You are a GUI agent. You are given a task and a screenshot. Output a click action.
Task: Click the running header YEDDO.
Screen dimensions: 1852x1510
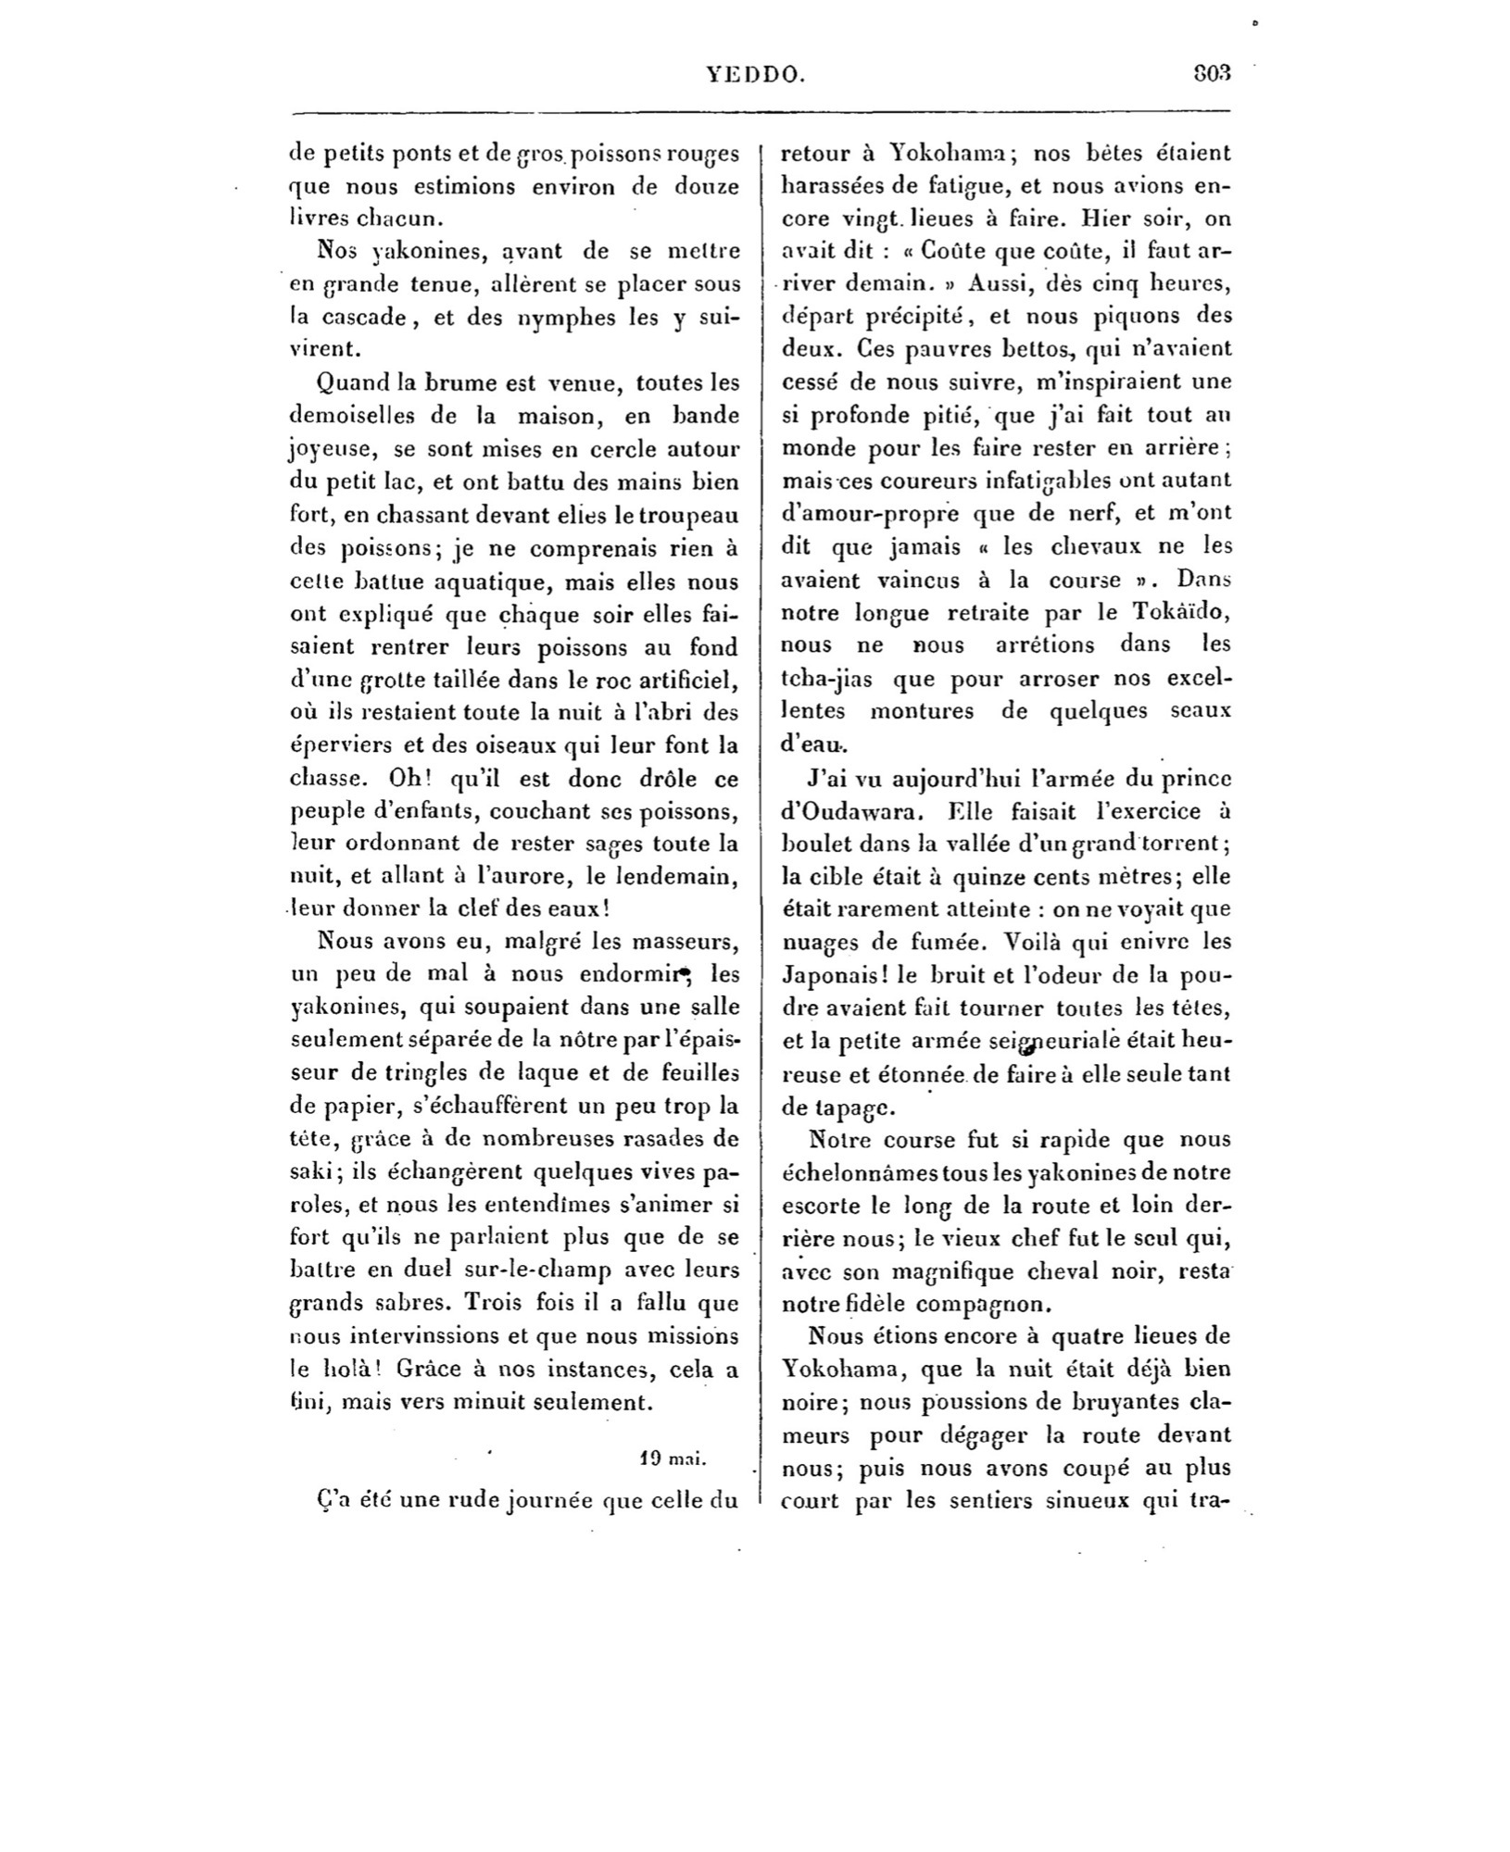click(x=756, y=76)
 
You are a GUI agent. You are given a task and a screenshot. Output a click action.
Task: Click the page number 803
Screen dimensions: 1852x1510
click(x=1211, y=74)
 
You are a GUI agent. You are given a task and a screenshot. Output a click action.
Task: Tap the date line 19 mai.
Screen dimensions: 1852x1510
click(x=673, y=1459)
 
